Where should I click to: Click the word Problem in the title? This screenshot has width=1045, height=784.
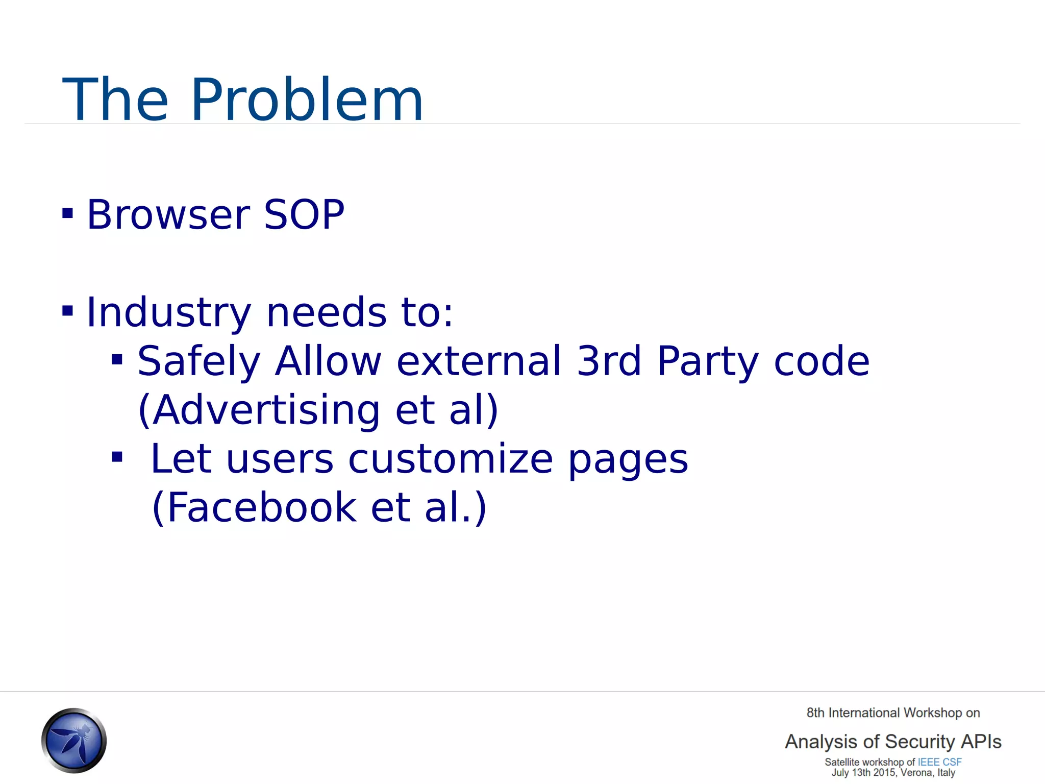307,100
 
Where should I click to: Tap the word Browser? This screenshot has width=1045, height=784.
168,214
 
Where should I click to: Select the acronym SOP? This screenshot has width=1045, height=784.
304,214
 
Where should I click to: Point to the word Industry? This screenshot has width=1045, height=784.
169,312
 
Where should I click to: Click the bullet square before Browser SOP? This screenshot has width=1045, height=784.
67,213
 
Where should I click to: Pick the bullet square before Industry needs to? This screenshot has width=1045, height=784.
67,310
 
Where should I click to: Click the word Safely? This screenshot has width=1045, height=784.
199,361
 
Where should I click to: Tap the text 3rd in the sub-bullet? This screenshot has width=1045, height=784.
609,360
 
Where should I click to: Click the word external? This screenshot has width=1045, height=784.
479,360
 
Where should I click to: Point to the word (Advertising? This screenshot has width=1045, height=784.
259,409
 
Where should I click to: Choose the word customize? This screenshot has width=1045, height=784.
451,458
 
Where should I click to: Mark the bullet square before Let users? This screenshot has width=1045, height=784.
117,457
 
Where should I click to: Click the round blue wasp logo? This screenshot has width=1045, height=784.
74,740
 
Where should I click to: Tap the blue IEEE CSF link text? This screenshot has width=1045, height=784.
939,762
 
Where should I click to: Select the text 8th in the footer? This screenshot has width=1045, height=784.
815,713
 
